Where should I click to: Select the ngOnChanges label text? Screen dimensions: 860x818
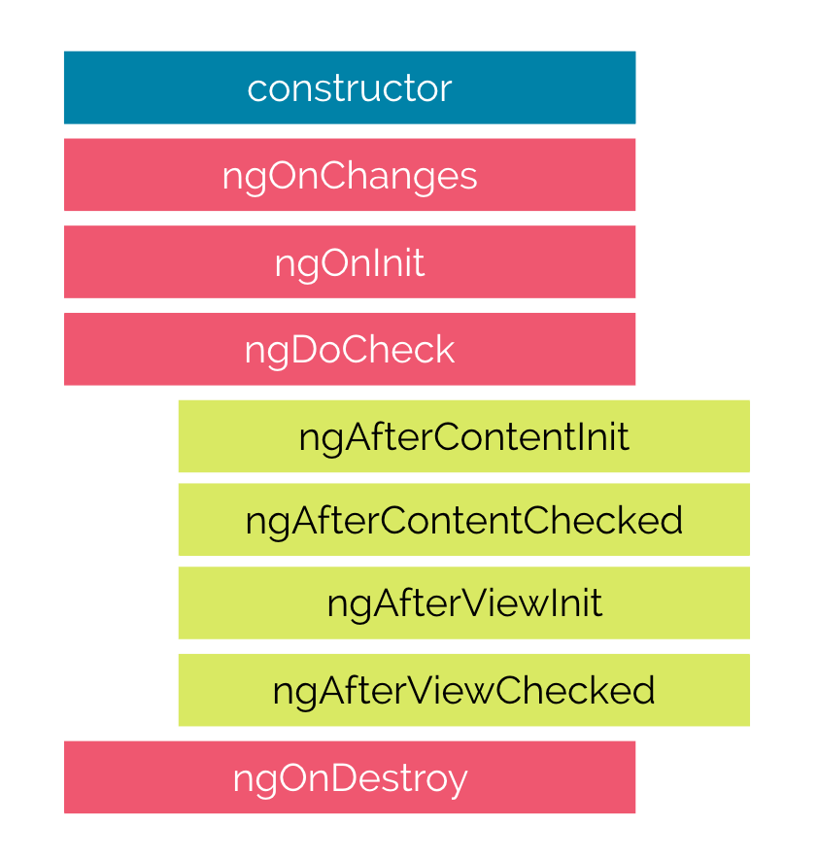tap(350, 176)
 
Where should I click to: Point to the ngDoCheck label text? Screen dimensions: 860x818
tap(350, 350)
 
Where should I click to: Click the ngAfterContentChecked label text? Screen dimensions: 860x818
tap(463, 521)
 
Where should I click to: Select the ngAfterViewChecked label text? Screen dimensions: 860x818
tap(463, 691)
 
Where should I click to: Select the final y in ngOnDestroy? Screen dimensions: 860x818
tap(458, 780)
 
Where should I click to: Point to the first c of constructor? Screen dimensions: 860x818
tap(256, 89)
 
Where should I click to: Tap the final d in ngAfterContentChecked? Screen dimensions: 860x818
tap(671, 521)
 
